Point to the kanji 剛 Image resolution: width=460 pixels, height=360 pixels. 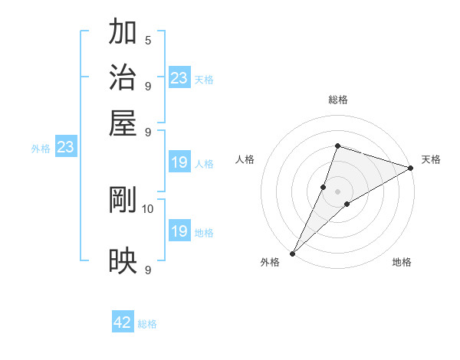pos(123,200)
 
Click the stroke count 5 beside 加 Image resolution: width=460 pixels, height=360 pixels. pos(147,40)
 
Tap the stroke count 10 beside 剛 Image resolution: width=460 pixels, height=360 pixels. pos(148,208)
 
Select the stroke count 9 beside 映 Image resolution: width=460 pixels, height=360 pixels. pos(147,270)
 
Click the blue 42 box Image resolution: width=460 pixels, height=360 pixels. pos(123,322)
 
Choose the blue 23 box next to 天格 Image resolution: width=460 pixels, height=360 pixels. pos(179,78)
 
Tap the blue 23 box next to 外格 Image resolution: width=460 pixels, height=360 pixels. pos(65,147)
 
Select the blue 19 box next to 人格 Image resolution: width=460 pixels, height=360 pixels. pos(179,162)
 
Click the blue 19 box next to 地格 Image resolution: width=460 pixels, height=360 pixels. pos(179,231)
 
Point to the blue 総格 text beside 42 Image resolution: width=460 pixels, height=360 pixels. pos(147,324)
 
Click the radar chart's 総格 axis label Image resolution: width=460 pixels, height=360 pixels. pos(337,100)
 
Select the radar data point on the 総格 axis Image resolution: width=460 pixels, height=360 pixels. pos(337,146)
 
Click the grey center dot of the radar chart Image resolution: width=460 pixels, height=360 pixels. pos(337,191)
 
